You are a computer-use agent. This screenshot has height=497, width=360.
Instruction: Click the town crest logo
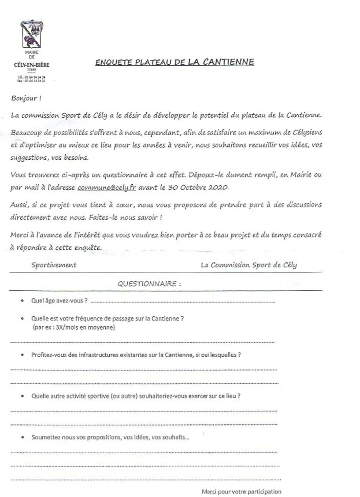tap(32, 35)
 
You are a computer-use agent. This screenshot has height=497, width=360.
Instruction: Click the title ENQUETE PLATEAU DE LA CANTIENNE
tap(174, 62)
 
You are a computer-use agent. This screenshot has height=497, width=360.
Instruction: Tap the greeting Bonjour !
tap(26, 98)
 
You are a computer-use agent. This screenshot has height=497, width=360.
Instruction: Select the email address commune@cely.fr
tap(107, 187)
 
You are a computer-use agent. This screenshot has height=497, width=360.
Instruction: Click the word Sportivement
tap(54, 265)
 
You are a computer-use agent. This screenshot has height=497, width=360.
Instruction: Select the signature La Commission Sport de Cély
tap(249, 265)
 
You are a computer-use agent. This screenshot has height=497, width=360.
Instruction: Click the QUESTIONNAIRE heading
tap(149, 284)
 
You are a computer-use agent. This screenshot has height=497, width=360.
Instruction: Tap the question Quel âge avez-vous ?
tap(60, 301)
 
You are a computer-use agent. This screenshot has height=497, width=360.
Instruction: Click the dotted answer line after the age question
tap(183, 301)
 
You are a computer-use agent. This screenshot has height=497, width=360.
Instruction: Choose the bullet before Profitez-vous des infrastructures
tap(22, 355)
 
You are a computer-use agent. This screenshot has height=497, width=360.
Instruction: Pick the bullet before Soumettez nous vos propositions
tap(22, 437)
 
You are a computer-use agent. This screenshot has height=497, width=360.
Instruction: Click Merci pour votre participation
tap(241, 492)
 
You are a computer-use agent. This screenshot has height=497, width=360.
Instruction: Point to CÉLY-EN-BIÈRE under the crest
tap(32, 65)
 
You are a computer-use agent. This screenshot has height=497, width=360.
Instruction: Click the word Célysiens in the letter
tap(305, 132)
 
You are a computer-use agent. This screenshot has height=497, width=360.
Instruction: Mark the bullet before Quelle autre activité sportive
tap(22, 396)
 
